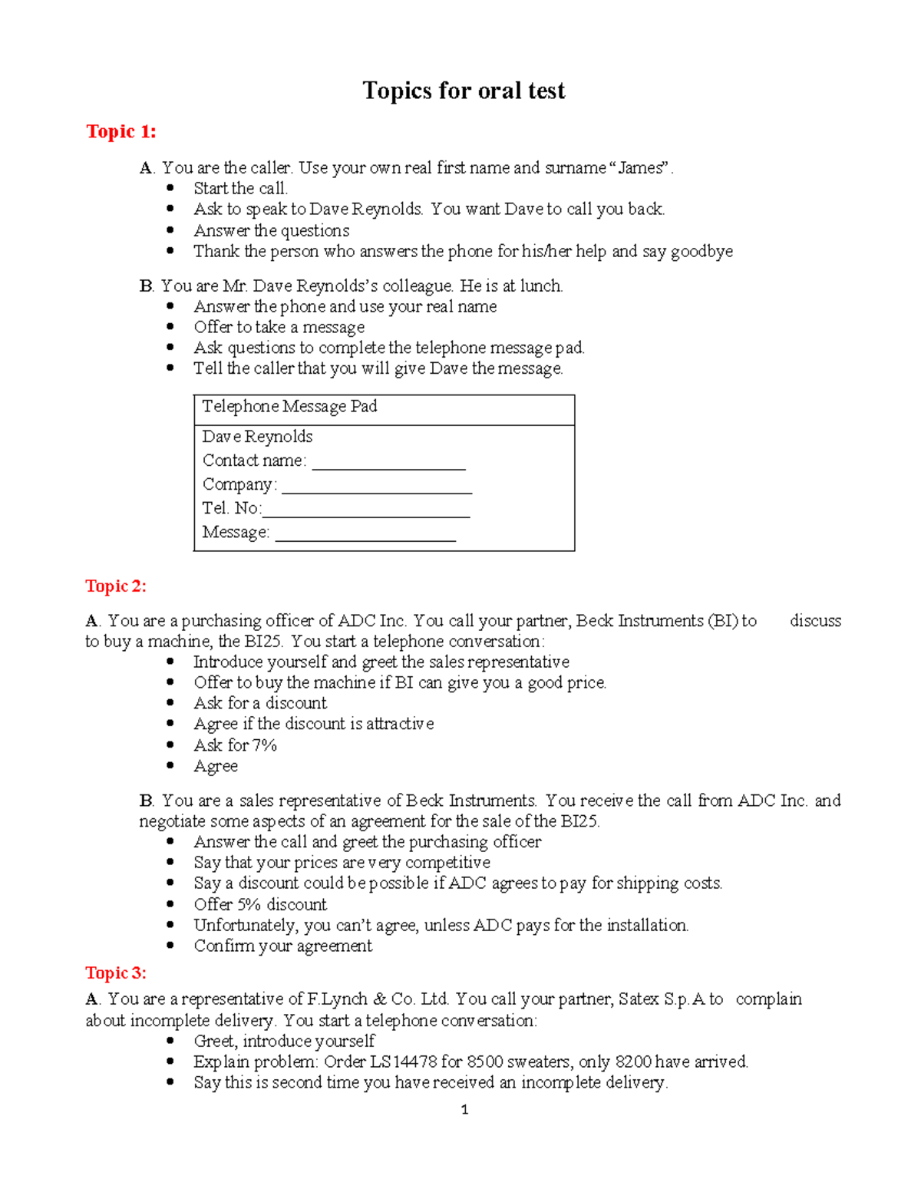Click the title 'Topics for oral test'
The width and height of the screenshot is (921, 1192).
pos(464,91)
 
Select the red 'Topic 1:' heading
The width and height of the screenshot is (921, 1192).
pos(120,132)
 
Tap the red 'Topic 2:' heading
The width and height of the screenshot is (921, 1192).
pos(116,586)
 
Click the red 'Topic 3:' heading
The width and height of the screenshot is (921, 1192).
pos(116,973)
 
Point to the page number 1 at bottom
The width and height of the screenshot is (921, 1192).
pos(464,1109)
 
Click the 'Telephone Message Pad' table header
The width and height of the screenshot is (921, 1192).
pos(289,407)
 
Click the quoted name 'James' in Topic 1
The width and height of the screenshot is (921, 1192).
pos(640,168)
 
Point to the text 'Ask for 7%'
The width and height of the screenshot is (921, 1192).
pos(235,745)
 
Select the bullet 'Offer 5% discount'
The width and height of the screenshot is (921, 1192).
pos(260,904)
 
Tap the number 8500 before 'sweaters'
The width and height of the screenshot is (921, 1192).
pos(485,1062)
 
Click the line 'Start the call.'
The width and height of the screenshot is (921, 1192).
pos(241,189)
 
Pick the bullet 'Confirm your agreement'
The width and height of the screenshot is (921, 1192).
pos(282,946)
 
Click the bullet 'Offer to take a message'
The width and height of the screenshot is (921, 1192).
pos(279,328)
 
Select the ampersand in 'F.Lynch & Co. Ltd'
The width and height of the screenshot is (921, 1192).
pos(379,999)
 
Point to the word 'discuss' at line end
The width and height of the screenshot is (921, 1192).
pos(815,621)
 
